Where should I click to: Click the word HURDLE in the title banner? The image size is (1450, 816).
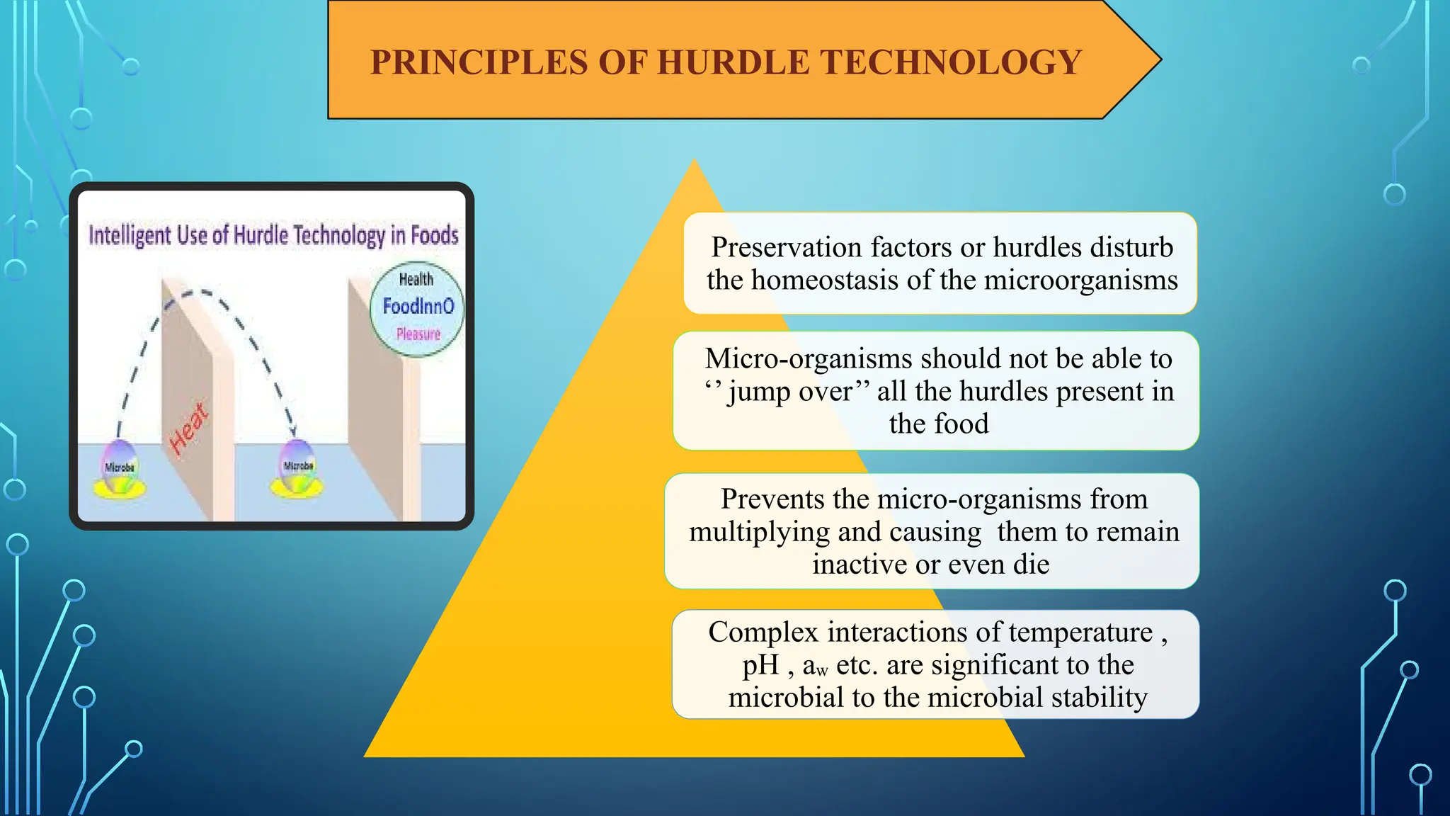click(733, 62)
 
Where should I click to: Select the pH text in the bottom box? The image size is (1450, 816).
click(760, 665)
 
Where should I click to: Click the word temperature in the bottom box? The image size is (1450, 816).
click(1080, 632)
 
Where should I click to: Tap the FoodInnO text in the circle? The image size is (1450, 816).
click(418, 306)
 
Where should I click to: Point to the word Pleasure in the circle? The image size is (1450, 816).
click(418, 334)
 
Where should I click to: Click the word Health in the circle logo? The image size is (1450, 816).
click(416, 279)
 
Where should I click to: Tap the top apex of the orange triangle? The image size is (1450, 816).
click(695, 162)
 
